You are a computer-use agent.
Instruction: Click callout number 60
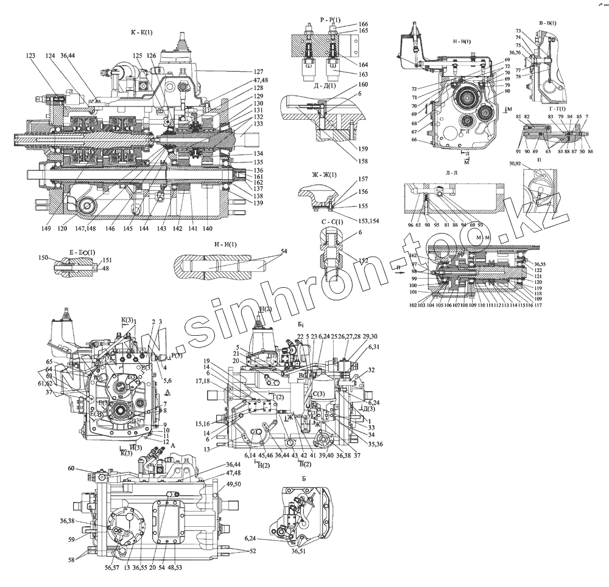71,468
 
